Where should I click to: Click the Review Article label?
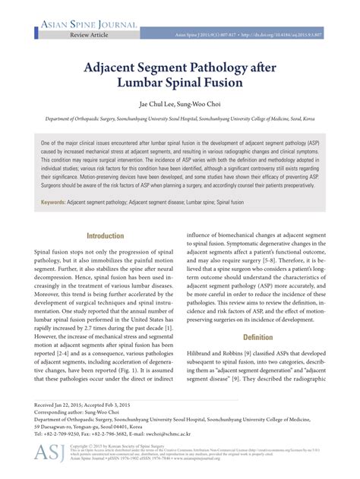pyautogui.click(x=90, y=36)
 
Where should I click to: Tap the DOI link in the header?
pyautogui.click(x=281, y=36)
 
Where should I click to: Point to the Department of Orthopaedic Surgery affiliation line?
pyautogui.click(x=179, y=119)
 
